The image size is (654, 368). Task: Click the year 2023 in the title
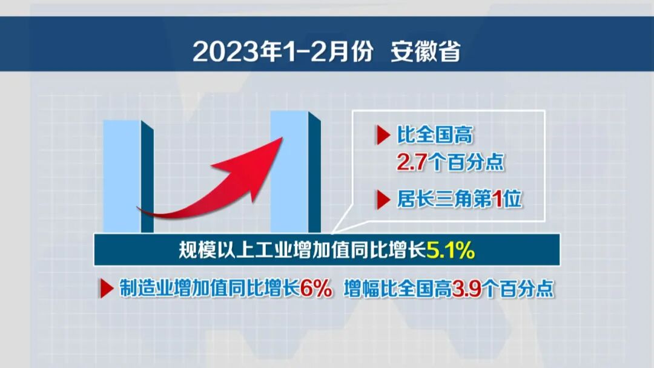tap(219, 51)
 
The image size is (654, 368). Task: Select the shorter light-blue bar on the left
tap(122, 176)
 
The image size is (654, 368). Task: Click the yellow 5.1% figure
tap(451, 250)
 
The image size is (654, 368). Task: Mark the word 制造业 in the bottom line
tap(138, 289)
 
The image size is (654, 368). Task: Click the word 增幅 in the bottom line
tap(358, 289)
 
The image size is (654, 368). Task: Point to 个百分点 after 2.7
tap(466, 163)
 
